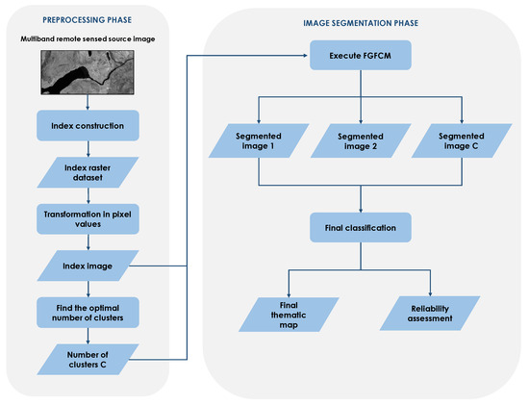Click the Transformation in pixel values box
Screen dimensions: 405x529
tap(88, 216)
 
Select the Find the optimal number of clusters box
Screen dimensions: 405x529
tap(88, 312)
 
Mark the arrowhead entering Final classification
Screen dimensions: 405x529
tap(360, 211)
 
